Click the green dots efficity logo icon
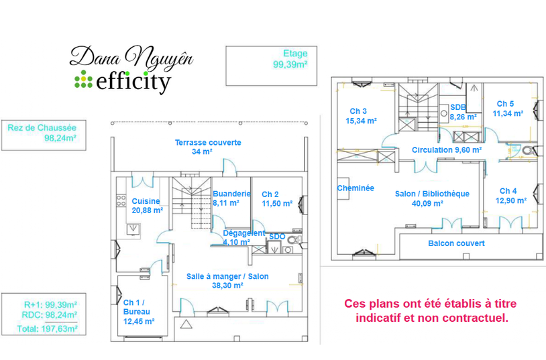click(x=83, y=80)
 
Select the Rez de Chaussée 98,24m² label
click(x=42, y=133)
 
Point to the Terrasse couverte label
click(x=207, y=147)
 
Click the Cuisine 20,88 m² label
click(x=147, y=205)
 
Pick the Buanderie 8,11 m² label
click(x=231, y=198)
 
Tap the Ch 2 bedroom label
click(x=276, y=198)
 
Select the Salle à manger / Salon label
click(x=227, y=280)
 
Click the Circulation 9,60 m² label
click(x=447, y=150)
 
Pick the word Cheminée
click(x=356, y=188)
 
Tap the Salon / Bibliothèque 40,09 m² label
click(x=432, y=198)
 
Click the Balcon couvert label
click(x=456, y=243)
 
